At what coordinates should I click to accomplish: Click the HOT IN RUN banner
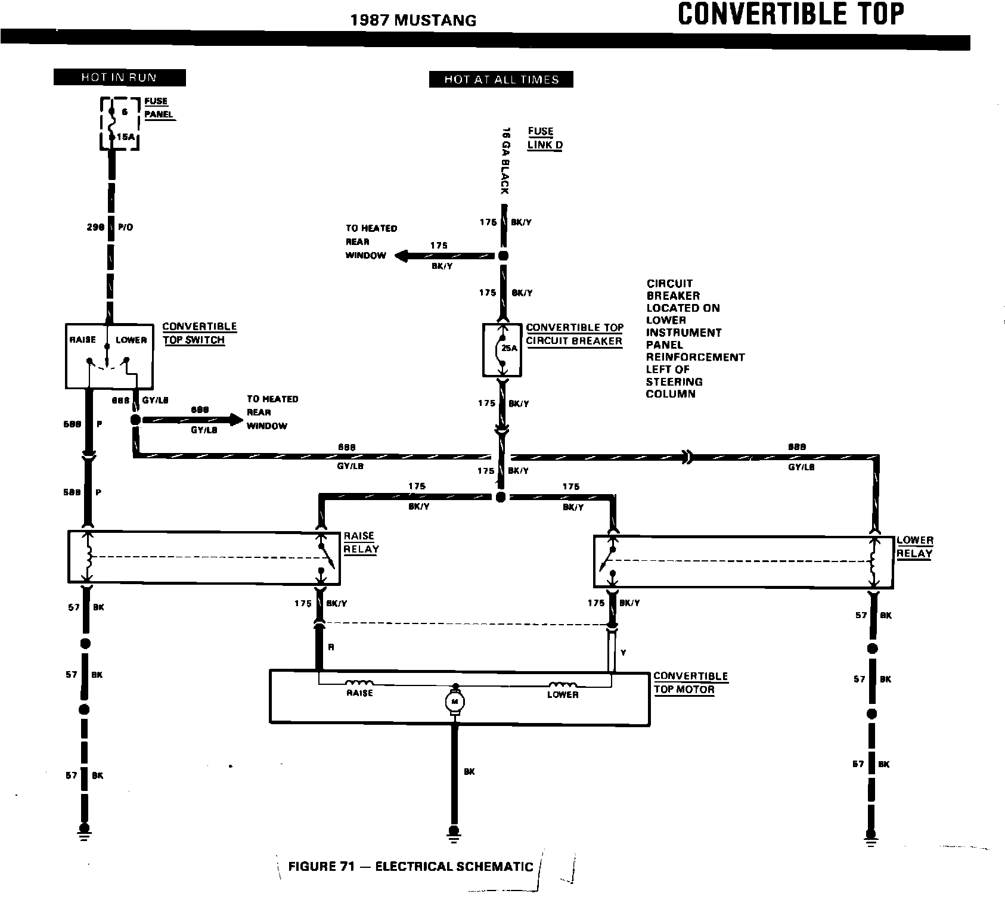coord(119,77)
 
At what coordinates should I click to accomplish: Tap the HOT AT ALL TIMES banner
coord(501,79)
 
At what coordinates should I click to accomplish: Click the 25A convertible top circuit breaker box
coord(502,350)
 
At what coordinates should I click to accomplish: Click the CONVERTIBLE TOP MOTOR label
coord(690,682)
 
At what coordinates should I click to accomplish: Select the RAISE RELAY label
coord(361,542)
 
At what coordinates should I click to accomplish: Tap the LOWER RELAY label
coord(915,547)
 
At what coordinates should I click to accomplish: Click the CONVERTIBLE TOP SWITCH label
coord(199,333)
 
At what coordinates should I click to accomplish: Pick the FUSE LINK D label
coord(544,138)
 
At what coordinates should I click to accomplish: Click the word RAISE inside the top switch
coord(83,340)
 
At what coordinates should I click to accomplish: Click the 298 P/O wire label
coord(110,227)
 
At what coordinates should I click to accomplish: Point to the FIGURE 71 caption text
coord(410,866)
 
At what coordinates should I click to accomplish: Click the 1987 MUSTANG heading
coord(413,20)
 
